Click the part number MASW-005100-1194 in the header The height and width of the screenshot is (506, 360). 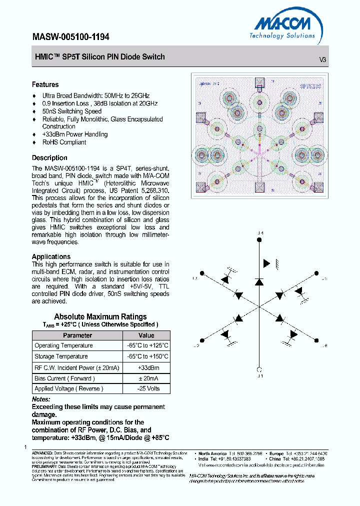tap(70, 37)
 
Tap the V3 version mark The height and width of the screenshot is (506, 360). tap(322, 59)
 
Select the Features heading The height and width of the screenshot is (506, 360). tap(45, 84)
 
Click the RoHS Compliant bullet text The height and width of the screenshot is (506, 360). tap(64, 142)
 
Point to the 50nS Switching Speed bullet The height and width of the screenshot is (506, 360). tap(71, 111)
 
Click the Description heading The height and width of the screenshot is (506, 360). tap(49, 157)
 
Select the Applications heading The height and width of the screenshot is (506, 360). tap(51, 256)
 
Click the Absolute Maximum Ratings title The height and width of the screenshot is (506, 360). tap(100, 316)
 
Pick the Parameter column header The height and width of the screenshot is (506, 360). tap(77, 335)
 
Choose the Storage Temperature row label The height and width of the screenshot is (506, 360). tap(61, 356)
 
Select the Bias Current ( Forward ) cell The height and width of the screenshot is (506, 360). tap(64, 378)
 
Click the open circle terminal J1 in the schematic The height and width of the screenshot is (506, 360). tap(259, 369)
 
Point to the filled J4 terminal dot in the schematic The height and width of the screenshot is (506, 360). tap(259, 240)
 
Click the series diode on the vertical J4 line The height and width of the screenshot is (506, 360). tap(259, 282)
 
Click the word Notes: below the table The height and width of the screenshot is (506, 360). tap(41, 399)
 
